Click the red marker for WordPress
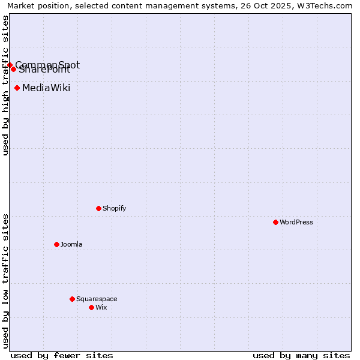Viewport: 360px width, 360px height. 275,222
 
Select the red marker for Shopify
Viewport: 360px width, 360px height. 98,208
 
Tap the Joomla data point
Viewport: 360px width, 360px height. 56,244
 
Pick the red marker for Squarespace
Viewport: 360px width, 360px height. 72,299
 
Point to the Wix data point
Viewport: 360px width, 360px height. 91,307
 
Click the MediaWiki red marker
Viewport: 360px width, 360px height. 17,88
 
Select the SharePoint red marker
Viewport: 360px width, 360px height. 13,69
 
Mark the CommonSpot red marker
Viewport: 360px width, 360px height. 10,65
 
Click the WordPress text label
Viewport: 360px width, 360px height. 296,222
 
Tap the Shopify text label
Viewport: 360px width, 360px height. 115,208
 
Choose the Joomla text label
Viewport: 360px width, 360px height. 71,244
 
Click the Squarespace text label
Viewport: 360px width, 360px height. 97,299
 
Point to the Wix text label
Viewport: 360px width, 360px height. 101,307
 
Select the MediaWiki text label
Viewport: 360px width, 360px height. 46,88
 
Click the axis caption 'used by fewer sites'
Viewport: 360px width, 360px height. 62,355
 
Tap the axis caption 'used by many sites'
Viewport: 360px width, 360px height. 301,355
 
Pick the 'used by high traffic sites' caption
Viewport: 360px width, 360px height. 5,85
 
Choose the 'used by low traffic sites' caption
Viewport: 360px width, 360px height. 5,281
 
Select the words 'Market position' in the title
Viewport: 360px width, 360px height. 35,5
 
